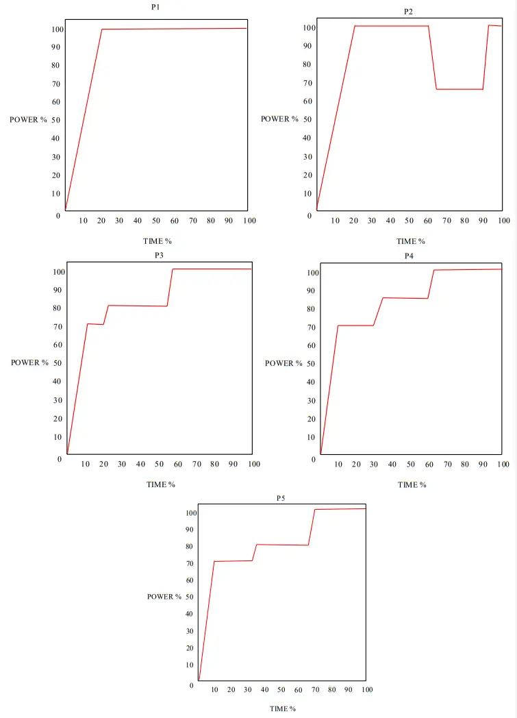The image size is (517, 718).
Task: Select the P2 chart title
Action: coord(408,12)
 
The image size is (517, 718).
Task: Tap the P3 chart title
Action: coord(159,255)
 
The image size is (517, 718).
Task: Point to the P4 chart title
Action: coord(409,256)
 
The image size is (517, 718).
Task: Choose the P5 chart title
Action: coord(281,498)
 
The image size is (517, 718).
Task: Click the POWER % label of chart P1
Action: coord(28,120)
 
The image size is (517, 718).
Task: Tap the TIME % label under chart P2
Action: coord(411,241)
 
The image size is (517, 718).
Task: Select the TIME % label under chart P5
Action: coord(282,708)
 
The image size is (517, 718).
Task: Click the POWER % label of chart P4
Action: coord(283,363)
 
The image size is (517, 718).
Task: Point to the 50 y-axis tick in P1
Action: coord(55,120)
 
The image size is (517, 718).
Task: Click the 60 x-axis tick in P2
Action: coord(427,221)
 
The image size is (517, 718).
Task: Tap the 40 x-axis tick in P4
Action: coord(392,465)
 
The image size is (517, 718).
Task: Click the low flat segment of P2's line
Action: coord(459,89)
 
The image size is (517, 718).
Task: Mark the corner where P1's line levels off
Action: coord(102,29)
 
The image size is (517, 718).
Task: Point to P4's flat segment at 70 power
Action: coord(355,325)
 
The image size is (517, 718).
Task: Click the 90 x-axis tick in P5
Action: coord(349,689)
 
